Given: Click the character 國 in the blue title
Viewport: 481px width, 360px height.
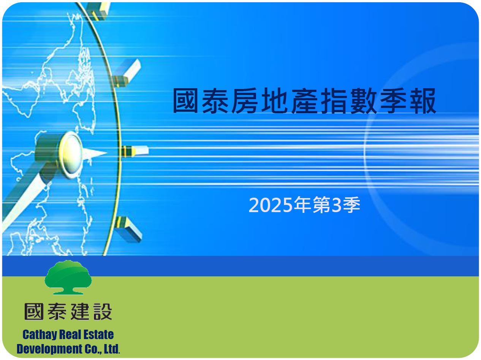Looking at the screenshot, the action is point(186,101).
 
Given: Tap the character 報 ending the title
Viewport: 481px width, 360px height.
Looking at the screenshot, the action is point(423,101).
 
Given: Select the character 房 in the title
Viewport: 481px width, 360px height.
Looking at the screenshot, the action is point(245,101).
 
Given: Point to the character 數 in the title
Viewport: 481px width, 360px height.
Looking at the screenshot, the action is point(364,101).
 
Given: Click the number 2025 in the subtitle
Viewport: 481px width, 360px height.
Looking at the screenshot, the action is point(271,205).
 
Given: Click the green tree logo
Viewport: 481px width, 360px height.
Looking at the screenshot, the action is point(68,278).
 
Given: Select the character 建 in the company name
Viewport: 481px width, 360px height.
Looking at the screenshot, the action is point(80,312).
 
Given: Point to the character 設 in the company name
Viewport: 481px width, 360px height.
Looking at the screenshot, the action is point(103,312).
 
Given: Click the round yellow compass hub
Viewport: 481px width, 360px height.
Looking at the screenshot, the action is point(71,155).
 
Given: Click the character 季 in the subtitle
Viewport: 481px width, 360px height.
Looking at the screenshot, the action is point(352,205).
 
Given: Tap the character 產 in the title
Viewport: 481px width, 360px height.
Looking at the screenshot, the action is point(304,101).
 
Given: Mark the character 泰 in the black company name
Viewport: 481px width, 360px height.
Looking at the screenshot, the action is point(57,312).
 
